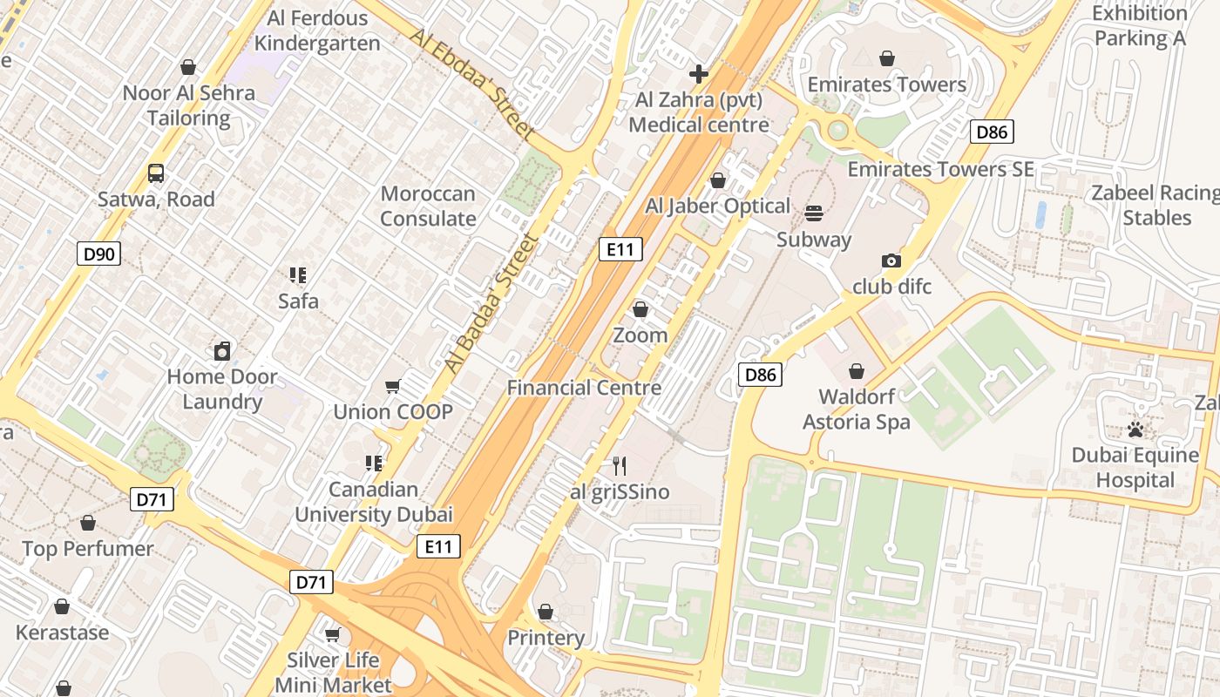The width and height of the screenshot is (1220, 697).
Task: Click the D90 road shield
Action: [x=98, y=254]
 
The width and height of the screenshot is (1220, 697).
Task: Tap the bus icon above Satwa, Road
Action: [x=156, y=173]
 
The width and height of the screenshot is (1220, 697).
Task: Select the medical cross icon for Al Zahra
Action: [x=698, y=74]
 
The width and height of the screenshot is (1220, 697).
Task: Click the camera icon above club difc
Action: [x=891, y=261]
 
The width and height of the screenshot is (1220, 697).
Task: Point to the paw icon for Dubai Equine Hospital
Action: [x=1135, y=430]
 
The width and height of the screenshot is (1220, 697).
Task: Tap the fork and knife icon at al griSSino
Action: [x=619, y=466]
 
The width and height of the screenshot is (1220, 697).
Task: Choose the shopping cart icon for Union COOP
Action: [x=393, y=386]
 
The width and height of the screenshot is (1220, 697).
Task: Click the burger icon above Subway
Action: [x=814, y=213]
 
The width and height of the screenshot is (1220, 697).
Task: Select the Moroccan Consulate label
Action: [x=428, y=206]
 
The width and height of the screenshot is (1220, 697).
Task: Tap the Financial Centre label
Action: [x=584, y=388]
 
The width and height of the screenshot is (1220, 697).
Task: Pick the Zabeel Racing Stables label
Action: [x=1156, y=206]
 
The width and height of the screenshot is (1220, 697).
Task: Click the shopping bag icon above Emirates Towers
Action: [x=886, y=58]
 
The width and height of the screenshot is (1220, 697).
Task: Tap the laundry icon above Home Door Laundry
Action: [x=222, y=351]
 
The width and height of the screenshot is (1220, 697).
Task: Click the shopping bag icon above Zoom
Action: [x=640, y=309]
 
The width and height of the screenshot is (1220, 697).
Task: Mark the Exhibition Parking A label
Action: [x=1140, y=26]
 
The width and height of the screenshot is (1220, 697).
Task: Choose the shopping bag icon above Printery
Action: [x=546, y=612]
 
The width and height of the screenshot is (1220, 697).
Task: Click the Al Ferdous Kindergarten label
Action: [x=317, y=30]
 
